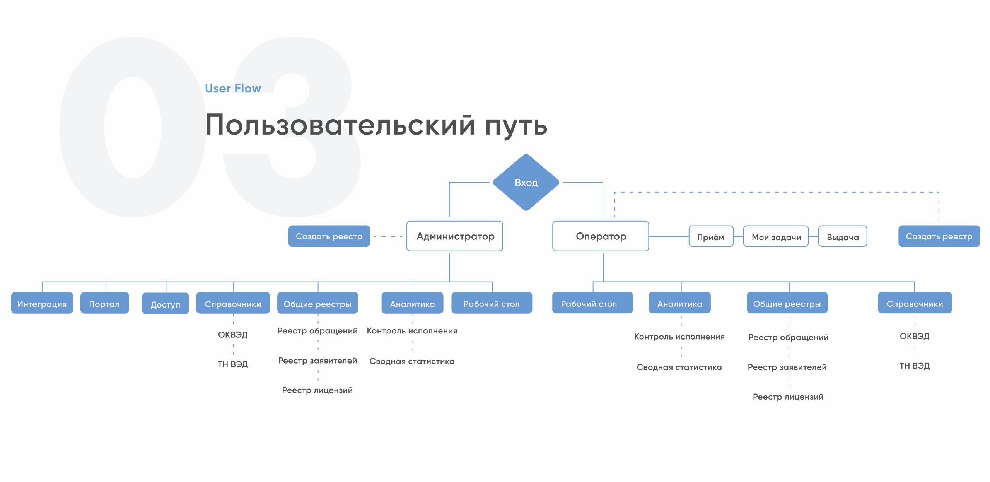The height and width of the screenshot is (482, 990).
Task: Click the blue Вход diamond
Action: click(x=526, y=182)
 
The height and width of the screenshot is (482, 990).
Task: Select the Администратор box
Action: click(x=455, y=236)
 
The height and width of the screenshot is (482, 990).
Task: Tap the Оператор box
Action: click(x=601, y=236)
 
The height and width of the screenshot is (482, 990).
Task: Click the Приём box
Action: click(x=711, y=236)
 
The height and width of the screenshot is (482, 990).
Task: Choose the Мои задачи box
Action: click(x=776, y=236)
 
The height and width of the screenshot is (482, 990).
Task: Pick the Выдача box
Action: click(x=843, y=236)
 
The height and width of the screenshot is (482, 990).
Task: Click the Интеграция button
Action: click(x=42, y=303)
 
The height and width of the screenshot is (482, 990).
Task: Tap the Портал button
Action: click(x=104, y=303)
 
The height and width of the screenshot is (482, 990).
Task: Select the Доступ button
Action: click(x=166, y=304)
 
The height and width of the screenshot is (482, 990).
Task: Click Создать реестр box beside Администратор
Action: click(x=329, y=236)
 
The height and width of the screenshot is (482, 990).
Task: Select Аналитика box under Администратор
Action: click(x=412, y=303)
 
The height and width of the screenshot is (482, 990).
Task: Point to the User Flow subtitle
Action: click(x=233, y=89)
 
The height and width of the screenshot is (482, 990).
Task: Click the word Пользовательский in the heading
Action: click(x=340, y=125)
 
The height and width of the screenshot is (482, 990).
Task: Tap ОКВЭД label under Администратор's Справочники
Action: click(x=233, y=335)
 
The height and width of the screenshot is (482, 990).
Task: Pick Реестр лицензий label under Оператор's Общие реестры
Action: click(x=788, y=397)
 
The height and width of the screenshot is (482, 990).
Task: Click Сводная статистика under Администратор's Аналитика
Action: click(x=412, y=361)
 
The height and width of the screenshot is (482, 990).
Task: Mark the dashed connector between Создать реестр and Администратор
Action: click(x=388, y=236)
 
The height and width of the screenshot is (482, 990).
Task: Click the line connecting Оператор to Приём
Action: click(x=669, y=236)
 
